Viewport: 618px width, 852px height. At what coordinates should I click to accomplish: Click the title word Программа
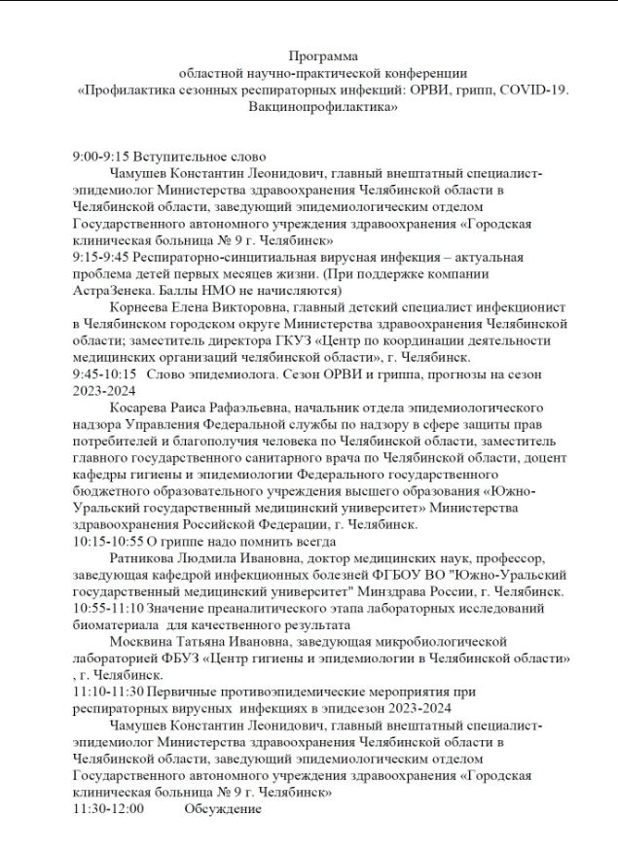click(x=324, y=57)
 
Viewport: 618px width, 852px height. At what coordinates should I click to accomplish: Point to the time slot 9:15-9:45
click(x=102, y=257)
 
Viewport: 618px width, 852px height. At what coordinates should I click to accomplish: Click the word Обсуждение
click(x=223, y=808)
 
